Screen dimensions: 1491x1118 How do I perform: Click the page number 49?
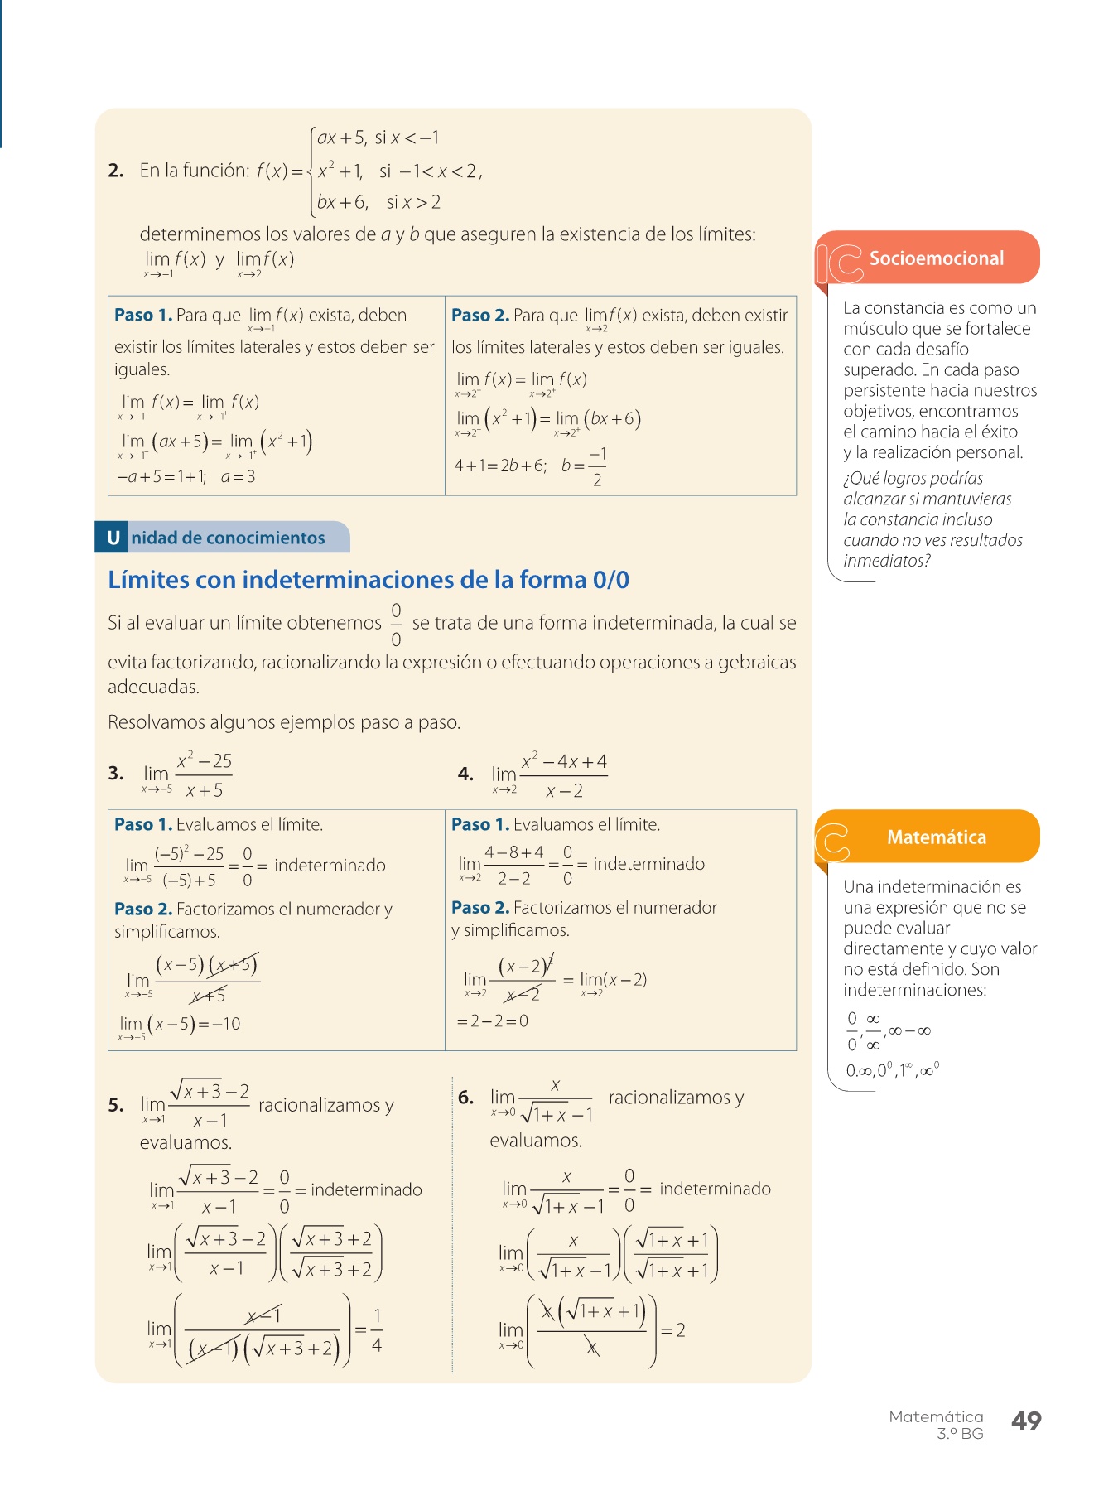1026,1421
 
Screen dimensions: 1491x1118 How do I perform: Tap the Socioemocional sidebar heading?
936,258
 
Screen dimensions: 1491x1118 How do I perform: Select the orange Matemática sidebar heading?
936,837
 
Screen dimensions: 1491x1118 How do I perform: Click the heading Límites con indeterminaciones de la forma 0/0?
369,580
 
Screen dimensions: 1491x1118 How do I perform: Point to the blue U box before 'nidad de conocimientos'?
113,538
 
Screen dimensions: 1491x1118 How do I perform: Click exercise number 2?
115,171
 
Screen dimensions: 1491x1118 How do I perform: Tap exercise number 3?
115,774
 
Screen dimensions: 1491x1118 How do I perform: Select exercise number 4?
465,774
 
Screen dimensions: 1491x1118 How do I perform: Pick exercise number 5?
115,1105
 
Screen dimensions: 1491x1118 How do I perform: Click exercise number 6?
465,1098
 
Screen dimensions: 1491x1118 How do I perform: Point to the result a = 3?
239,477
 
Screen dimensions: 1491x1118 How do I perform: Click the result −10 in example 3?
225,1025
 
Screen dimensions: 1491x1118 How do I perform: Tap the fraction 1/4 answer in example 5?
377,1330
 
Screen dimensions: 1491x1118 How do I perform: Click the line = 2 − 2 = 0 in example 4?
493,1021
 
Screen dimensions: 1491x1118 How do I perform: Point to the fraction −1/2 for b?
597,466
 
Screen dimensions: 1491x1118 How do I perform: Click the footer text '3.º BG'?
960,1434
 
